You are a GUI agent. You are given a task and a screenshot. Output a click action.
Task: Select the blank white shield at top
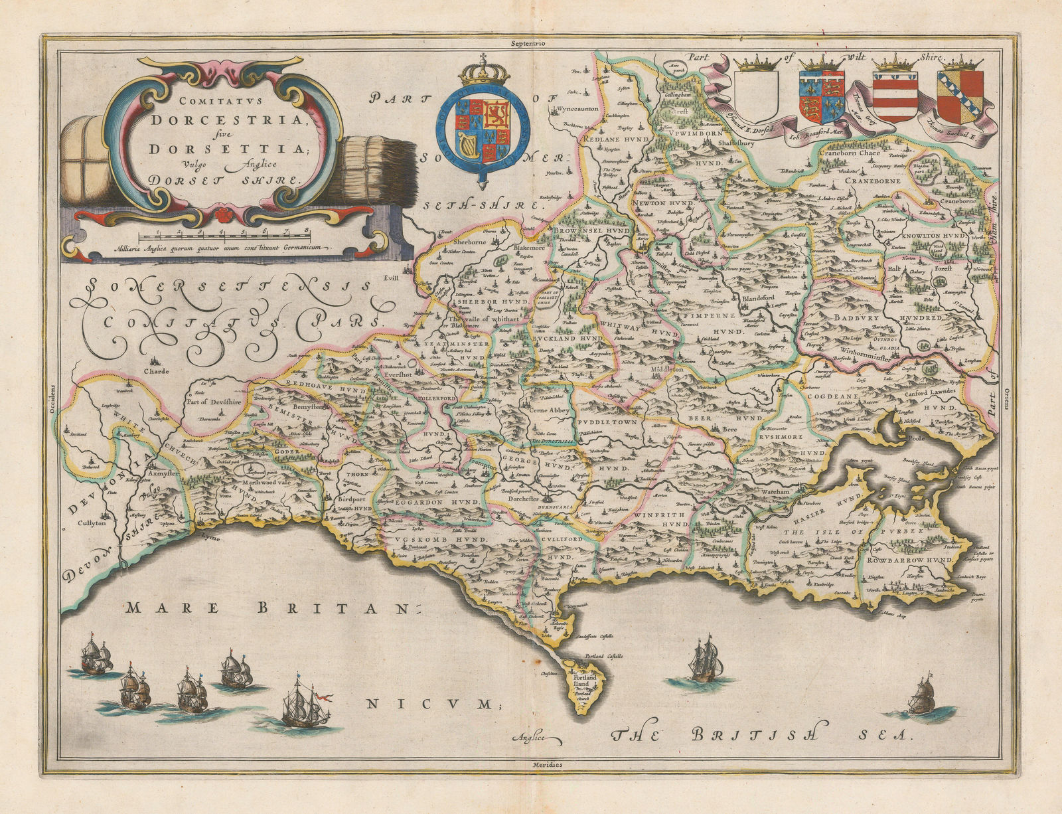(x=757, y=96)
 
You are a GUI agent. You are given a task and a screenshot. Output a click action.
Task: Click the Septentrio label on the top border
(x=528, y=43)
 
